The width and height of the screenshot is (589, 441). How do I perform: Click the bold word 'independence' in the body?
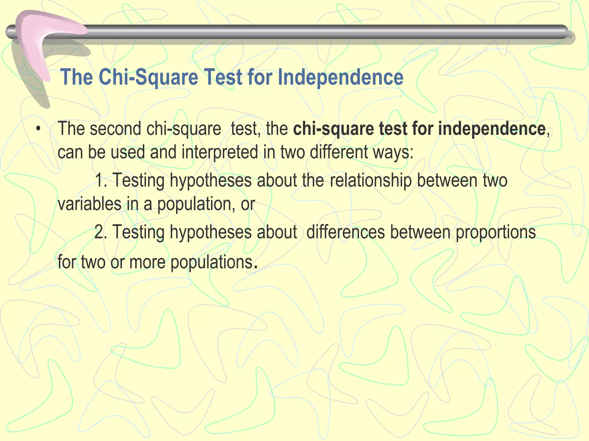492,129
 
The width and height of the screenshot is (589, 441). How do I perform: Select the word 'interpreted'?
220,152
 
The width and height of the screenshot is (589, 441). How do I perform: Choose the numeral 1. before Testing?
101,180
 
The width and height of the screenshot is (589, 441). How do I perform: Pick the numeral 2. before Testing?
101,232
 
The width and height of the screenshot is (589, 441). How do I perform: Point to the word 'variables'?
89,204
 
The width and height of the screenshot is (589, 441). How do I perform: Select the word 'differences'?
345,232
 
